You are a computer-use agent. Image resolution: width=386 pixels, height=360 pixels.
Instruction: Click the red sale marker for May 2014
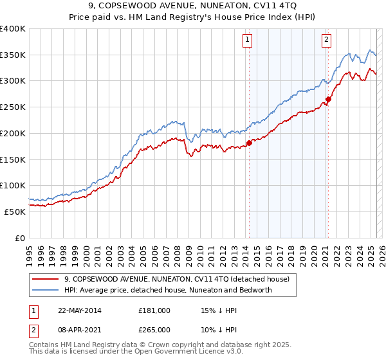click(249, 143)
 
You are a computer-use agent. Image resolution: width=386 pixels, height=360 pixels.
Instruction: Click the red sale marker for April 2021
click(327, 99)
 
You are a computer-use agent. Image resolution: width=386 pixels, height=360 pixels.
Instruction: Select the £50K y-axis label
click(15, 211)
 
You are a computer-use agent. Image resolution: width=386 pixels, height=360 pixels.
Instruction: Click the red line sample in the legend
click(46, 279)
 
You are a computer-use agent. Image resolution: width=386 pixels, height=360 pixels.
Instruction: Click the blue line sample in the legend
click(46, 290)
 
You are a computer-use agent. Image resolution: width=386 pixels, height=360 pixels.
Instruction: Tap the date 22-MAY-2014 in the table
click(79, 310)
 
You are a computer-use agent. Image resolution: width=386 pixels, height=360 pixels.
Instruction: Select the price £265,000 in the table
click(154, 329)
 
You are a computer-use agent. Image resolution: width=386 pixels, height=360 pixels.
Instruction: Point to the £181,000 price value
click(154, 310)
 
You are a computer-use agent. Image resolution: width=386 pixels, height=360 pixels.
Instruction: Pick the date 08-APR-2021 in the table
click(79, 329)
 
